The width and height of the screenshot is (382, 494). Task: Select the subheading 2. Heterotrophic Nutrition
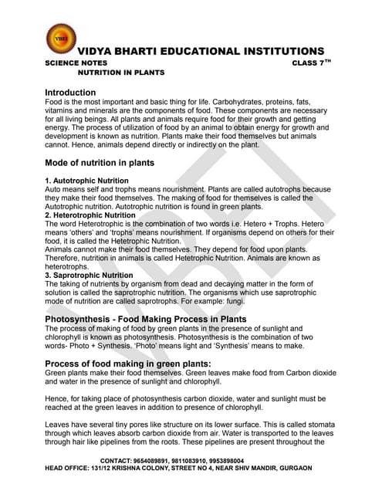tap(90, 215)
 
